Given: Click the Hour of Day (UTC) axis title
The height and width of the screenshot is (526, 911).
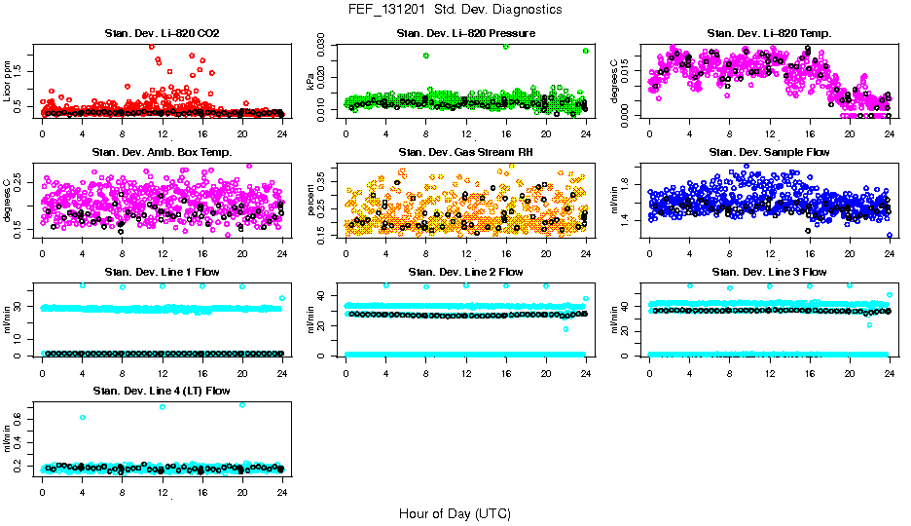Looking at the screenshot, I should click(x=455, y=513).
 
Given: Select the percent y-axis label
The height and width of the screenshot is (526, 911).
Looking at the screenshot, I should click(x=312, y=201).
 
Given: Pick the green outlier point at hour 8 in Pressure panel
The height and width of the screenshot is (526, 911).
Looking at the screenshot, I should click(x=426, y=56).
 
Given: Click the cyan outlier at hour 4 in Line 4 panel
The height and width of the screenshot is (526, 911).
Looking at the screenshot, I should click(x=83, y=417).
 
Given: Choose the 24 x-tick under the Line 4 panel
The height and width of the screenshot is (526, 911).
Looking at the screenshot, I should click(x=282, y=492).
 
